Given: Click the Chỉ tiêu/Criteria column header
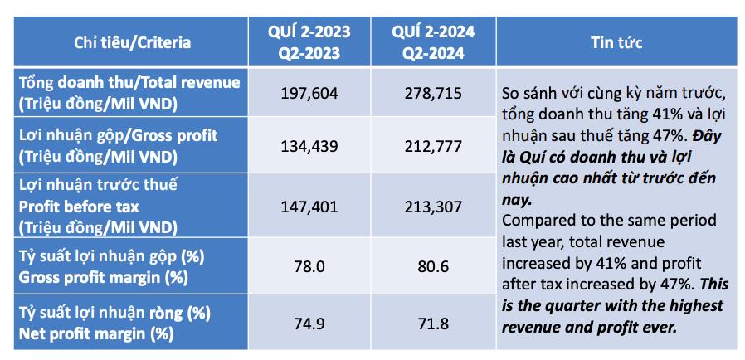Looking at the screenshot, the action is point(133,42).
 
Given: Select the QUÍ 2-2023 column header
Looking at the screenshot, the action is point(309,42).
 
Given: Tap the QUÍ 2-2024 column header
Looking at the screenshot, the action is point(433,42).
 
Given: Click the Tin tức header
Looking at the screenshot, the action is point(616,42).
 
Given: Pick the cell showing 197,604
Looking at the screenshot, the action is point(309,93).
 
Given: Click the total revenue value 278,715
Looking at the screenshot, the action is point(433,93).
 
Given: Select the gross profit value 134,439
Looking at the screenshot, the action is point(309,146).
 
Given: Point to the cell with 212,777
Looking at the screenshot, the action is point(433,146).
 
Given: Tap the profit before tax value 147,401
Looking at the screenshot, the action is point(309,207).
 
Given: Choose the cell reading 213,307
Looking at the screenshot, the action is point(433,207).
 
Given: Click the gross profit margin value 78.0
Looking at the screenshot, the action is point(309,266).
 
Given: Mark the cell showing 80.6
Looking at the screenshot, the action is point(433,266).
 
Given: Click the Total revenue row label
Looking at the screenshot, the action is point(129,93).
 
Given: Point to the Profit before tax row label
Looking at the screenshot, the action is point(98,207).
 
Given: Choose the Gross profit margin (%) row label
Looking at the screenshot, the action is point(112,266).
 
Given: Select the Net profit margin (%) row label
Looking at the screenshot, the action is point(114,324).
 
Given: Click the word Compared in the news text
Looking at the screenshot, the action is point(535,221).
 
